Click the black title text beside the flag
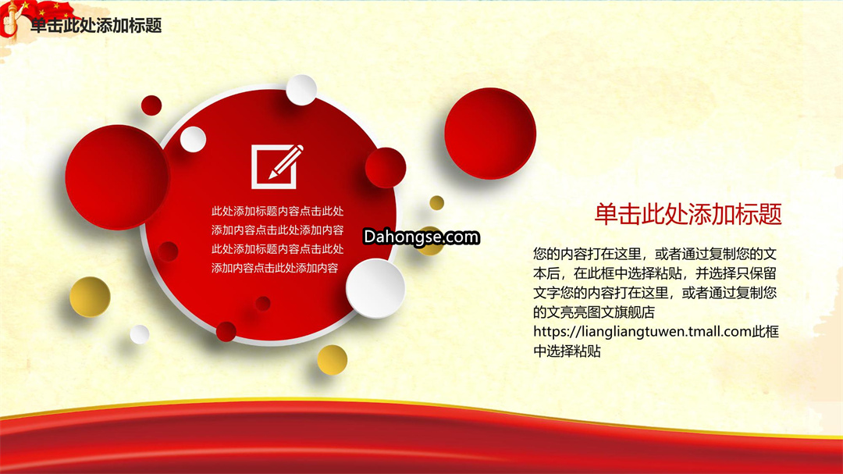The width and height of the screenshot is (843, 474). [x=96, y=25]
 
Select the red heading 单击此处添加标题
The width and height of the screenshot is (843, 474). [x=688, y=214]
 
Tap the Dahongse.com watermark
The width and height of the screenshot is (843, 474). [x=421, y=237]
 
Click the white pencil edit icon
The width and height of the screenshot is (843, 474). [x=277, y=166]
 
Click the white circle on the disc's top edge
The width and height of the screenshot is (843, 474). [x=301, y=90]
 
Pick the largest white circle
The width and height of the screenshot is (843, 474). [x=375, y=288]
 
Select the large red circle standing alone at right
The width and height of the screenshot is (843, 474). [x=489, y=134]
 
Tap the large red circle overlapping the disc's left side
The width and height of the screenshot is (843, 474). [x=118, y=177]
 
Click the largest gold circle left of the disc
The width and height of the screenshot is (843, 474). [x=90, y=297]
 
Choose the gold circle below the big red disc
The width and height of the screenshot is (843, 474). [x=332, y=360]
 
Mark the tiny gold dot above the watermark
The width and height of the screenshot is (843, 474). [x=436, y=203]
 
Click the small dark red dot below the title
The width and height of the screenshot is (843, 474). [x=151, y=105]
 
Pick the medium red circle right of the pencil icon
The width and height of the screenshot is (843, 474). [x=386, y=167]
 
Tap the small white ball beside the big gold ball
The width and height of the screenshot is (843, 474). [x=140, y=334]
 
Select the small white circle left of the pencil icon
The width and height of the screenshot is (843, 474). [x=193, y=139]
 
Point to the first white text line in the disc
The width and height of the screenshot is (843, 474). [x=277, y=211]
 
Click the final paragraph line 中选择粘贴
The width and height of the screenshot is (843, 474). [x=567, y=351]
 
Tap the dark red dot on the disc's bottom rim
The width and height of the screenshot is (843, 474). [x=226, y=331]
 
